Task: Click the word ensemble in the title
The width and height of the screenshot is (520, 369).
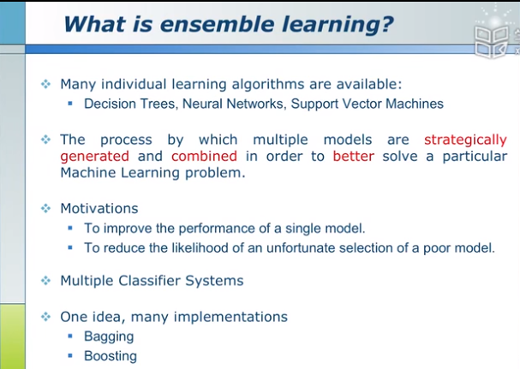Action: click(218, 24)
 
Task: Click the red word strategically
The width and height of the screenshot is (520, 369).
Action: click(466, 140)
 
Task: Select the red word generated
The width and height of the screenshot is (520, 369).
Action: click(94, 157)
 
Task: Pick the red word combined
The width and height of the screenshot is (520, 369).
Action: click(204, 156)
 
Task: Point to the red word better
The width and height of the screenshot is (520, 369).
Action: click(354, 156)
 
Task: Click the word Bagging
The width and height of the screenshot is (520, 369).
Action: click(109, 336)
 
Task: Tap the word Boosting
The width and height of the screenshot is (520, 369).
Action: click(111, 356)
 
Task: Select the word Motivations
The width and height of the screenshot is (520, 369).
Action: click(99, 209)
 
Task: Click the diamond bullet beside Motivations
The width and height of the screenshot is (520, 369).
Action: click(45, 209)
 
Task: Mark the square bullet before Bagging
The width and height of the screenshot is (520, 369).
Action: click(70, 336)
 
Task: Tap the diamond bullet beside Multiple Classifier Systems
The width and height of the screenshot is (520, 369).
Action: click(45, 281)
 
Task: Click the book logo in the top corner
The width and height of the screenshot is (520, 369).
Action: click(492, 41)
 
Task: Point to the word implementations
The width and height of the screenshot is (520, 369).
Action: click(230, 318)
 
